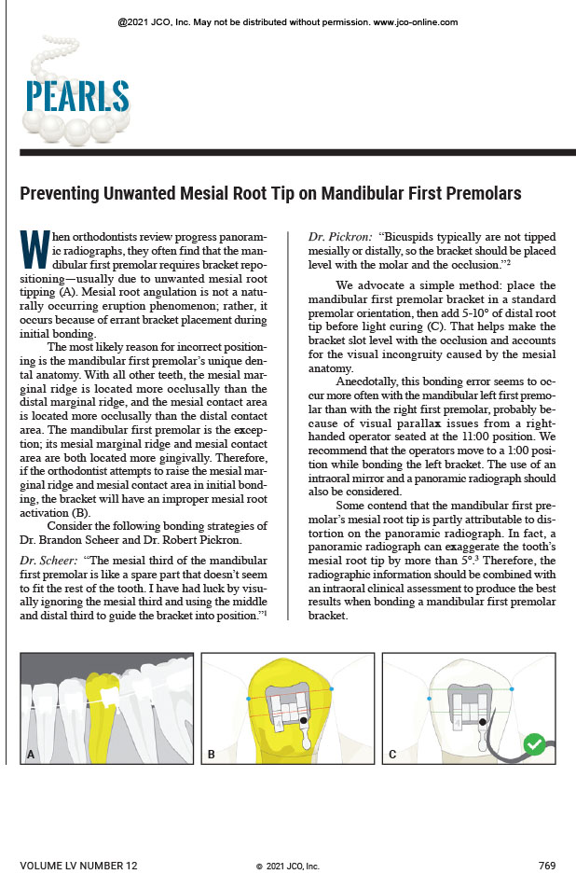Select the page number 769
coord(547,866)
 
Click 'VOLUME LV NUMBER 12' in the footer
coord(78,866)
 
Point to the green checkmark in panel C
coord(534,744)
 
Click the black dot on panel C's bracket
coord(482,721)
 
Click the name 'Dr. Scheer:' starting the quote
coord(49,559)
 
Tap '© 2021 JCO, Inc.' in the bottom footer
coord(288,867)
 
